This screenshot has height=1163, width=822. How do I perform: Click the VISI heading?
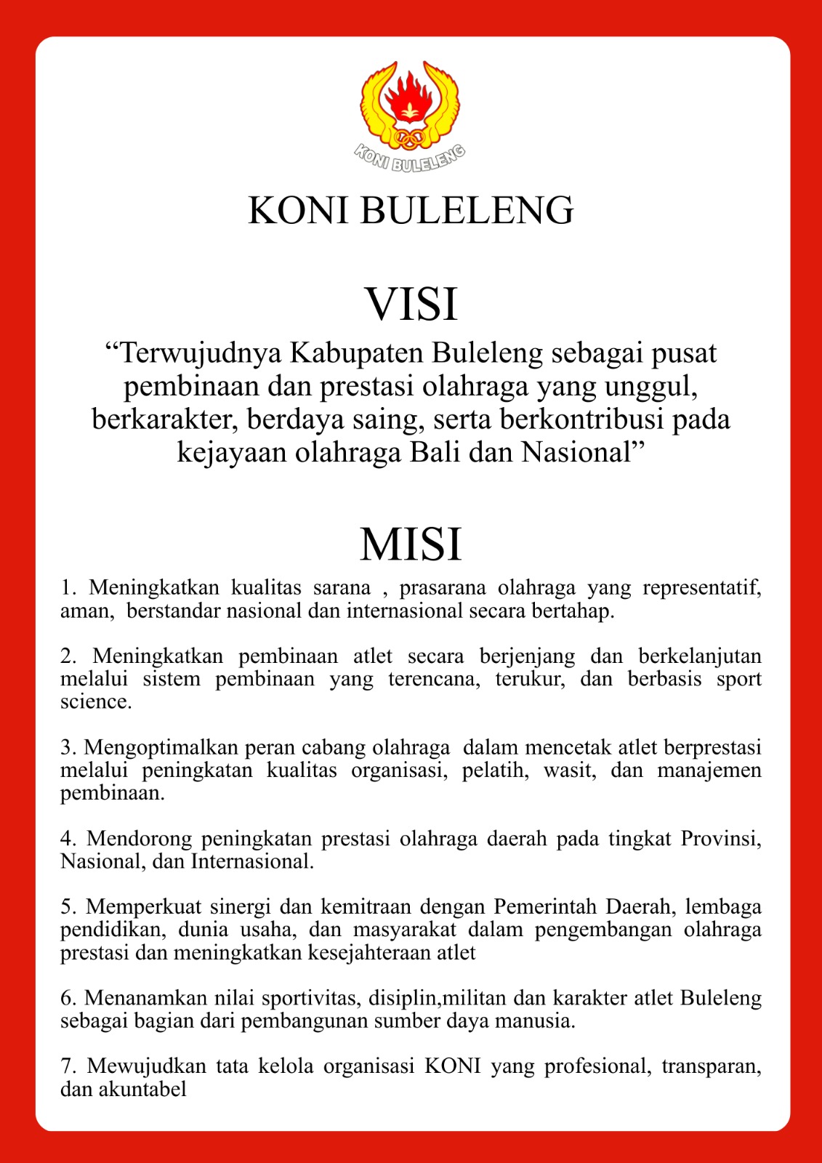coord(411,303)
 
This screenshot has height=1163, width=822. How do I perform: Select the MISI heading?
coord(411,544)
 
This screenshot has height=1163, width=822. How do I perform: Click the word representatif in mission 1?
coord(701,587)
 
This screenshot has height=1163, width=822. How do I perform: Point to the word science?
coord(95,701)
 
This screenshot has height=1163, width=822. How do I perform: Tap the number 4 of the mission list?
coord(67,838)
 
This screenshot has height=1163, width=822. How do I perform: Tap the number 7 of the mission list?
coord(67,1066)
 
